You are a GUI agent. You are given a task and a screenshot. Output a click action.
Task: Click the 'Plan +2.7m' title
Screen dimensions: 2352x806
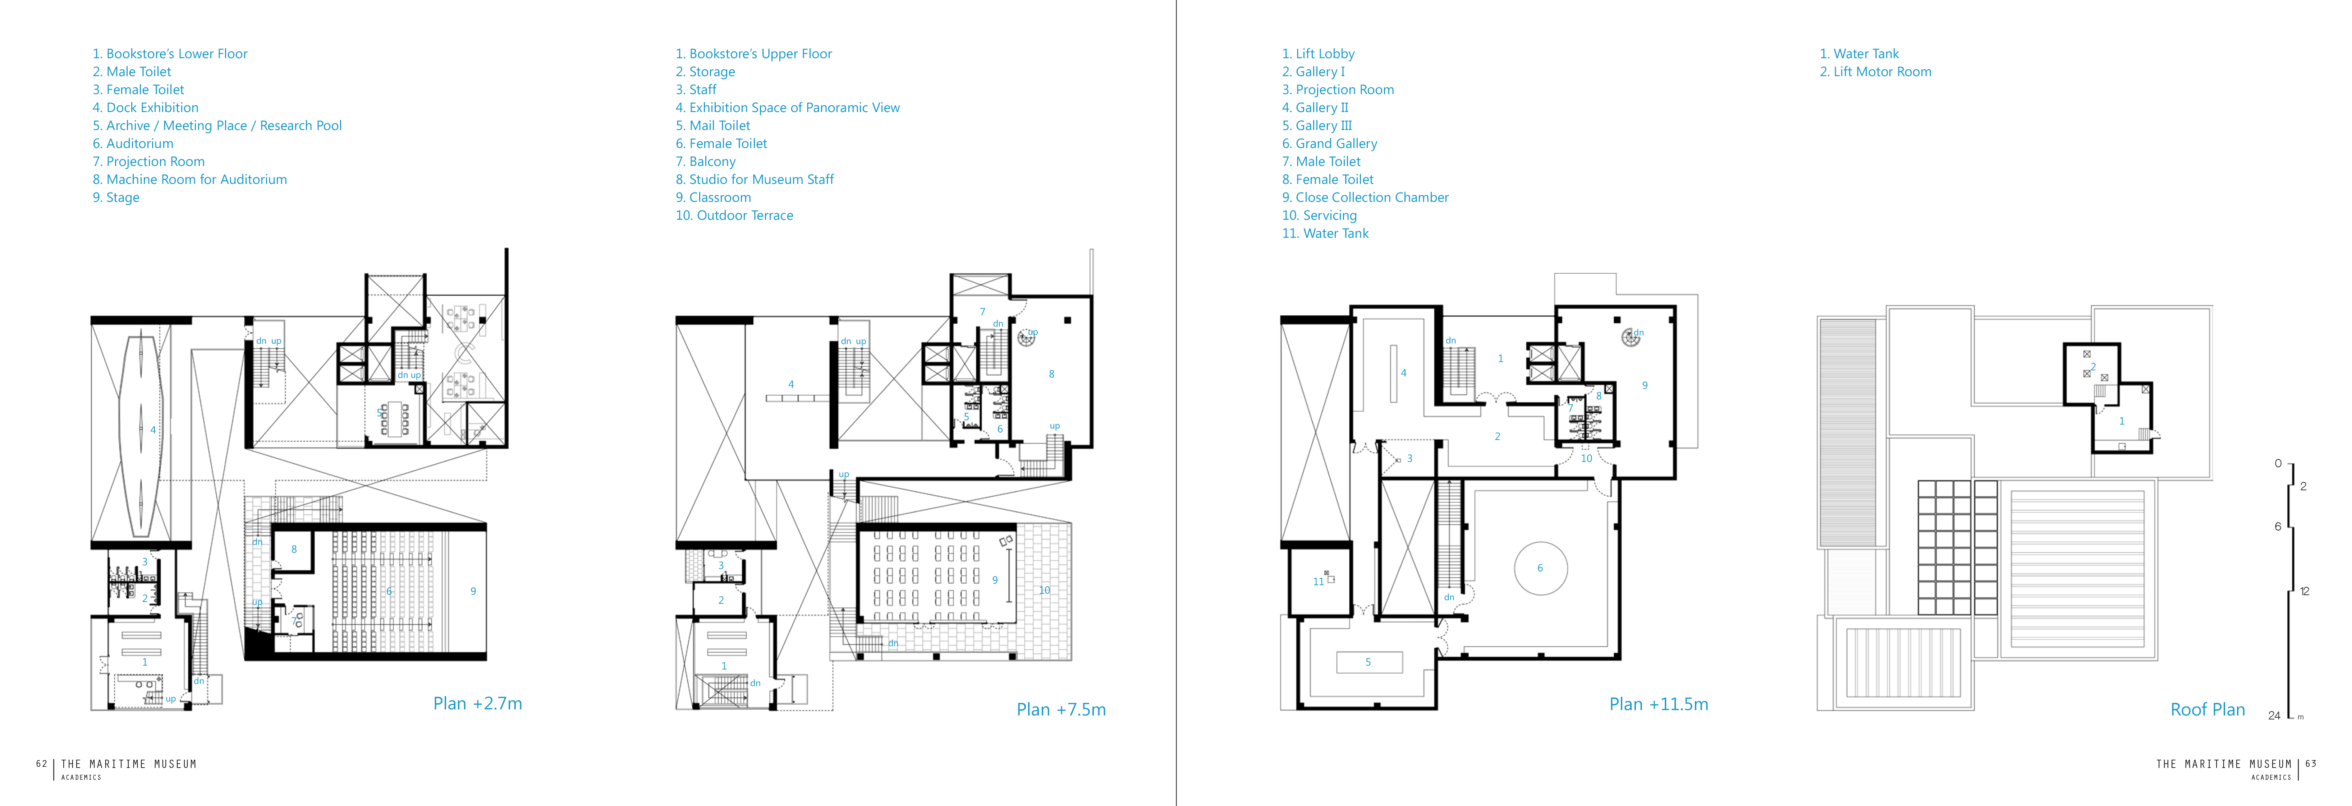(x=477, y=704)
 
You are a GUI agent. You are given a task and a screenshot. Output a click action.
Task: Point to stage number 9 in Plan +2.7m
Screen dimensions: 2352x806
(x=473, y=592)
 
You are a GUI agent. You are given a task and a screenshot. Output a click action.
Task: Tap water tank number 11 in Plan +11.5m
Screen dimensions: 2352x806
(x=1317, y=582)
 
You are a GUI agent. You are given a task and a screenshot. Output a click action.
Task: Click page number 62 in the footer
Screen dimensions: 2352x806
(x=41, y=764)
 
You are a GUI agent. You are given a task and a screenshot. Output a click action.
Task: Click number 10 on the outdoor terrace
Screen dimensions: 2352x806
(x=1045, y=590)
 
